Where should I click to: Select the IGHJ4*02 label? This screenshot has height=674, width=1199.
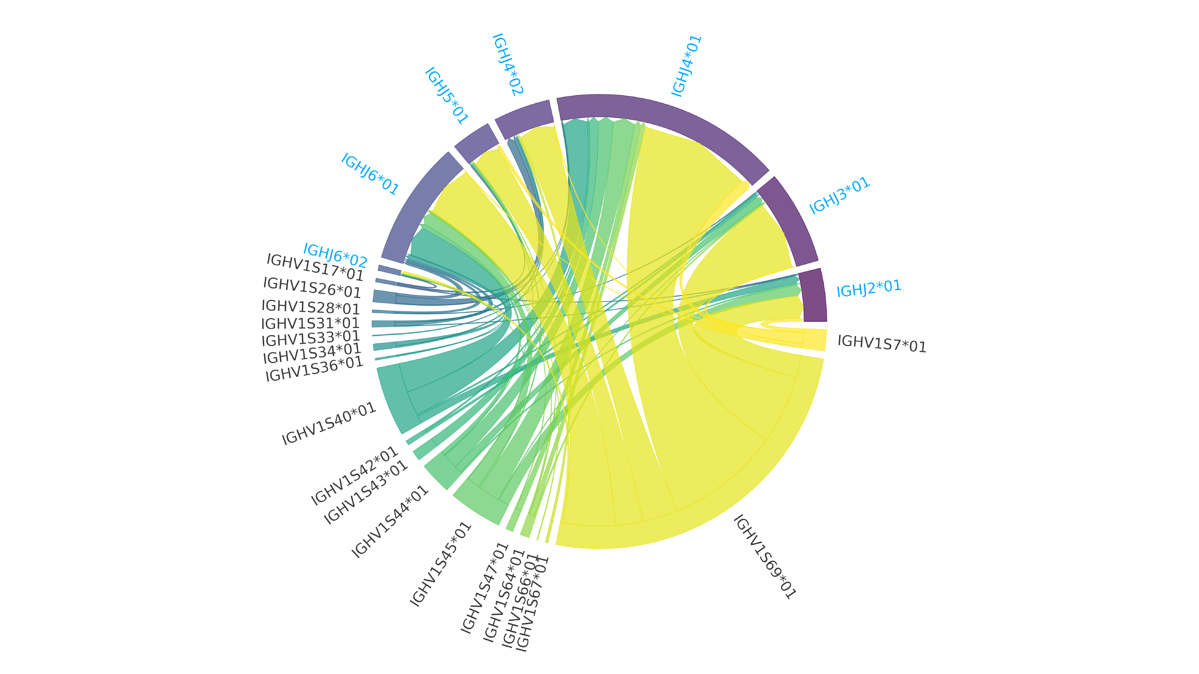click(x=508, y=64)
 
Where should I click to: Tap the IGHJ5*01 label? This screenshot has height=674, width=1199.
click(x=446, y=96)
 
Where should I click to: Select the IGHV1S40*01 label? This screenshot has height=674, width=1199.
click(x=329, y=424)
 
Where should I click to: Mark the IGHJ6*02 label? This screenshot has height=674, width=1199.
click(x=335, y=255)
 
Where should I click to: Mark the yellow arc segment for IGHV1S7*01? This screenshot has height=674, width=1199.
click(x=814, y=340)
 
